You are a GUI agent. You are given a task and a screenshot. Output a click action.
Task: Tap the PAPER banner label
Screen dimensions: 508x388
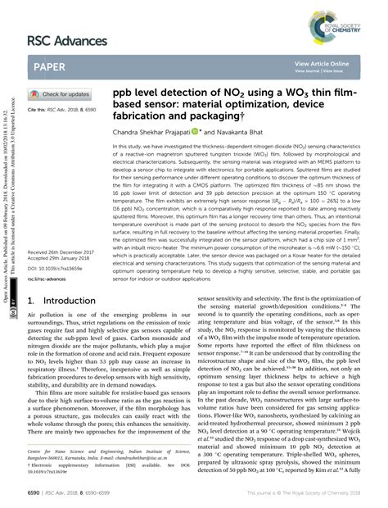pos(52,66)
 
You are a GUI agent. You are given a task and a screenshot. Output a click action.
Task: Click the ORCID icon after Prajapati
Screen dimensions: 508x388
pos(193,130)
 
